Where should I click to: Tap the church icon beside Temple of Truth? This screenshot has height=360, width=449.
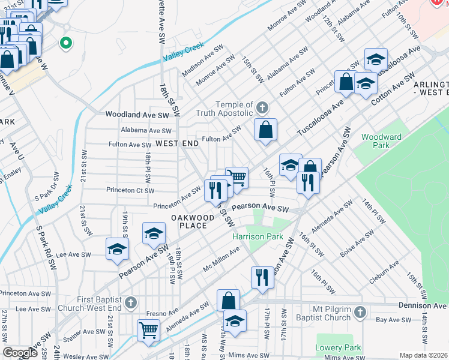tap(261, 109)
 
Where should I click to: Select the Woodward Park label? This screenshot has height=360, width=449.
tap(381, 141)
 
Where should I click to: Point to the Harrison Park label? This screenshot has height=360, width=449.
tap(258, 236)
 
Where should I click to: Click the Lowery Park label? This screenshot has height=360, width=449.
tap(339, 347)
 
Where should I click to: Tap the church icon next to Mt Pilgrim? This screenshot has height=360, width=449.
tap(360, 312)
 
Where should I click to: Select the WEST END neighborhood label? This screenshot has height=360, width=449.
tap(176, 143)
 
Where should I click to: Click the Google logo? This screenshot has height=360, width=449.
tap(20, 353)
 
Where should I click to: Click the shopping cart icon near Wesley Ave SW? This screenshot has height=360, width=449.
tap(148, 329)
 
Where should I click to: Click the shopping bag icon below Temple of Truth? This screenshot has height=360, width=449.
tap(265, 129)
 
